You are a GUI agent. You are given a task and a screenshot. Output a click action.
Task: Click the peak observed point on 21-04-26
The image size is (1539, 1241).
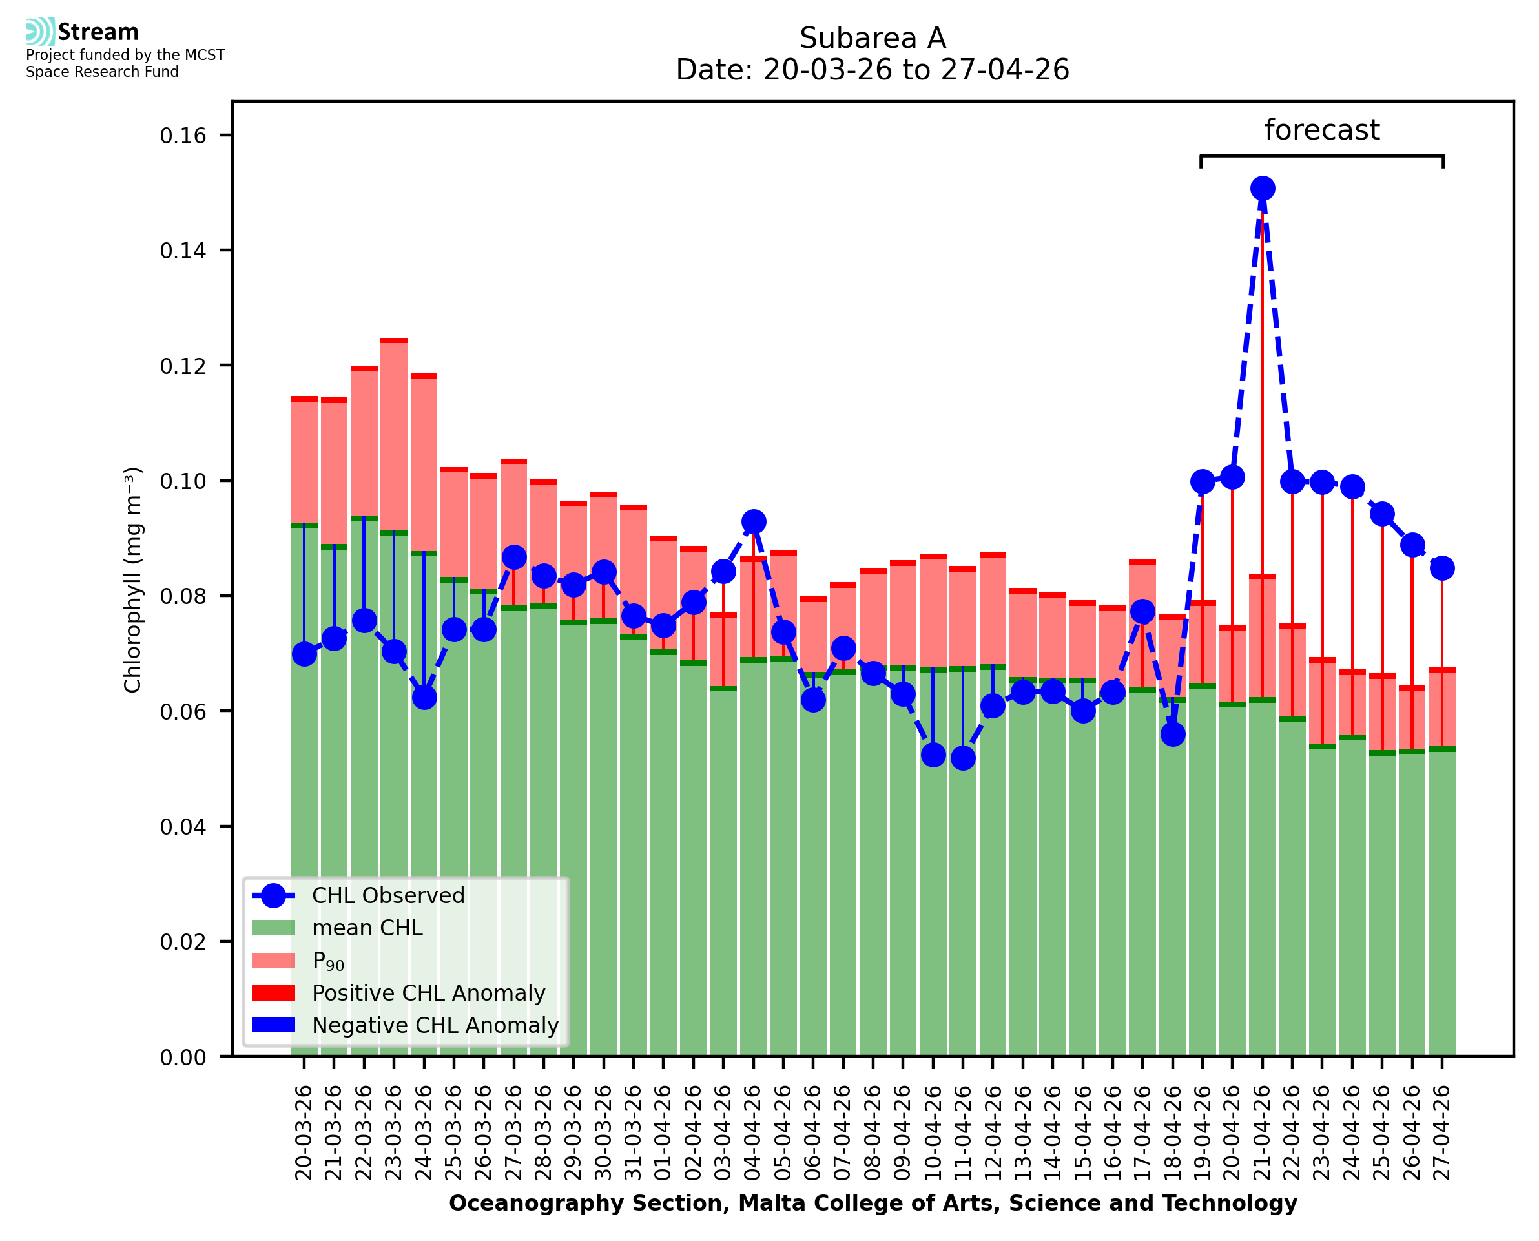tap(1262, 188)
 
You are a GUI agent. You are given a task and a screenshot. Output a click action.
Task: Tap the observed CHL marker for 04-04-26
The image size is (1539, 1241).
tap(753, 522)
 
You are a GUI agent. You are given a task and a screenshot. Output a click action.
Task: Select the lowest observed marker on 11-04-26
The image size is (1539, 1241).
tap(962, 758)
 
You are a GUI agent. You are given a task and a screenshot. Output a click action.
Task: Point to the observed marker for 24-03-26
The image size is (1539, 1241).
tap(424, 697)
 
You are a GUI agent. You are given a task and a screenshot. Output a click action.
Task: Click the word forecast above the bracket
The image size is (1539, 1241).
tap(1322, 130)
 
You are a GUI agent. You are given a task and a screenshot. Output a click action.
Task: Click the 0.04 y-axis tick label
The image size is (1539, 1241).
tap(183, 826)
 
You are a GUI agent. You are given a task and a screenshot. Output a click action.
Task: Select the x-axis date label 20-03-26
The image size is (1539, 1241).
tap(304, 1132)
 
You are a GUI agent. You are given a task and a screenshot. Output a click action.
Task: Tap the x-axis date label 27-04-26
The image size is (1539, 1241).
tap(1442, 1132)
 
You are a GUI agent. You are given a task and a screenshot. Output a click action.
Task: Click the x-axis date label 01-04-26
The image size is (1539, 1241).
tap(663, 1132)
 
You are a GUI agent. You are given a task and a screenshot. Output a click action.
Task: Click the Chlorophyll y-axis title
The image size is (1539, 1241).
tap(133, 579)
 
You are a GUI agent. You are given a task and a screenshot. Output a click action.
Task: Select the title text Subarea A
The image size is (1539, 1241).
tap(873, 38)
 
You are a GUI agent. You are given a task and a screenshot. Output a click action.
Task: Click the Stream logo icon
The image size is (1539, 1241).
tap(40, 32)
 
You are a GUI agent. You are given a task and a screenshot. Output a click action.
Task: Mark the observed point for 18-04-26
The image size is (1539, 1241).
tap(1172, 734)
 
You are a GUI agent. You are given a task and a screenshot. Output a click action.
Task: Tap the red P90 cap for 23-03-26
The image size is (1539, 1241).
tap(394, 341)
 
